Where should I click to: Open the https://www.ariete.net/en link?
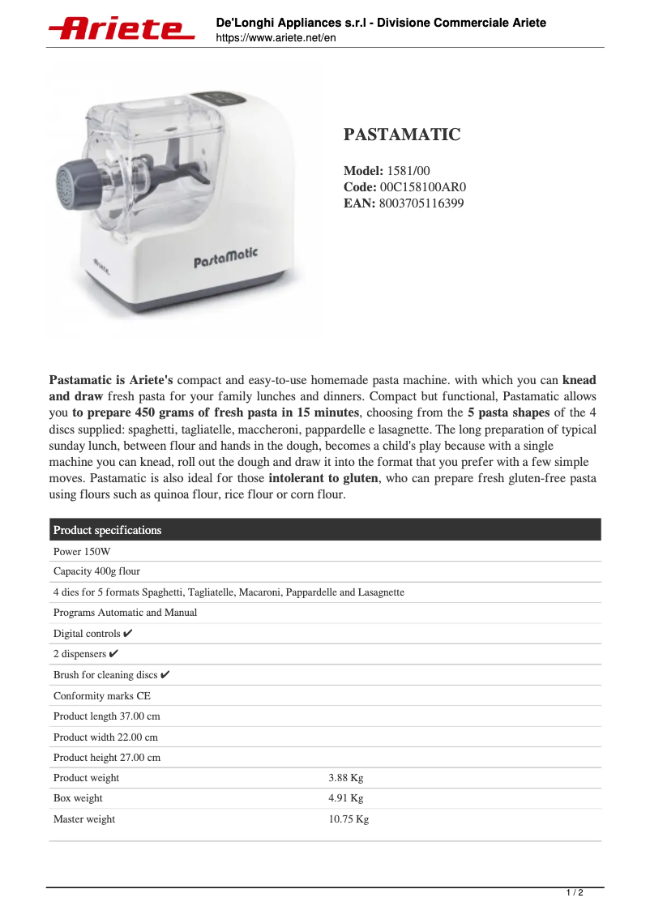tap(276, 38)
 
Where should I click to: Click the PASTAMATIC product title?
tap(402, 135)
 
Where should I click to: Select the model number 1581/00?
tap(408, 171)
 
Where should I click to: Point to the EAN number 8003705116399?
tap(421, 203)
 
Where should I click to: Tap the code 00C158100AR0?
tap(423, 187)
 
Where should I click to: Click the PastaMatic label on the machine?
tap(225, 258)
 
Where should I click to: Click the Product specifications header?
tap(108, 530)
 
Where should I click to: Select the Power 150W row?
tap(82, 551)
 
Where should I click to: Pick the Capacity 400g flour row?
tap(96, 571)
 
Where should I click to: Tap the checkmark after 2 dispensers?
tap(114, 654)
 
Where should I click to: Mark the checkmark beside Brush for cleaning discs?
tap(165, 675)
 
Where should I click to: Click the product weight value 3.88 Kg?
tap(345, 778)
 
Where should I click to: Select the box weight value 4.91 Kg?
tap(345, 798)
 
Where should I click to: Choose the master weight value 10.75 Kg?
tap(349, 819)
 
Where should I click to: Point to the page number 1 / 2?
tap(574, 893)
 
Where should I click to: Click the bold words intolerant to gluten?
tap(323, 478)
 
